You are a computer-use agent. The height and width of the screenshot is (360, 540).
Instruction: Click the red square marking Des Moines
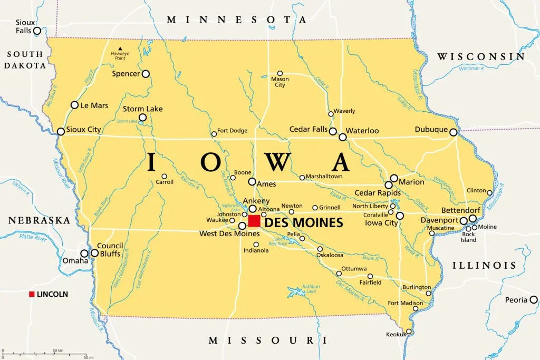point(254,221)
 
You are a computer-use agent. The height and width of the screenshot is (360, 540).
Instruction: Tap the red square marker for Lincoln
point(32,294)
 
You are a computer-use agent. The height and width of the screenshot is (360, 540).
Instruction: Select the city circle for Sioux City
point(61,132)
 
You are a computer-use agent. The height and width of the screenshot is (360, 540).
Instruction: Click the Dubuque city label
point(431,129)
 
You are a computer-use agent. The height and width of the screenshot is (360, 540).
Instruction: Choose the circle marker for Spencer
point(146,74)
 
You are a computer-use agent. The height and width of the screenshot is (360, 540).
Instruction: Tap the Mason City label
point(279,82)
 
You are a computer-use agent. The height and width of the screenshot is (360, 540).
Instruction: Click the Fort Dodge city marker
point(214,134)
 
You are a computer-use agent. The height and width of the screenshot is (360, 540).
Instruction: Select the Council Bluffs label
point(110,249)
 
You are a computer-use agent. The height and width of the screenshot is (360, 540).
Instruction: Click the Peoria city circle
point(533,300)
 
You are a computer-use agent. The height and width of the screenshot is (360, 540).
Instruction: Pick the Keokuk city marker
point(409,332)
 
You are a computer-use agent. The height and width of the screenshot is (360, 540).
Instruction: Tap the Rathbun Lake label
point(311,289)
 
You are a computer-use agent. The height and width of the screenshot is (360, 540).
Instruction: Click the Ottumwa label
point(354,269)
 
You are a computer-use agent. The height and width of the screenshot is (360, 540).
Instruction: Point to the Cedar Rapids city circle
point(389,185)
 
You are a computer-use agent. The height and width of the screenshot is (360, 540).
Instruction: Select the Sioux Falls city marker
point(37,31)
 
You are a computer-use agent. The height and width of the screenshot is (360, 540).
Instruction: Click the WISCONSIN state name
point(480,56)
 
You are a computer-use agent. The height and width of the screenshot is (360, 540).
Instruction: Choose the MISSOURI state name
point(264,340)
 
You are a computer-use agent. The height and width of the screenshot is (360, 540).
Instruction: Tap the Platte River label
point(33,238)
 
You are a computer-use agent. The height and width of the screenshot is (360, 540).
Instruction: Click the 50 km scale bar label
point(58,351)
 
